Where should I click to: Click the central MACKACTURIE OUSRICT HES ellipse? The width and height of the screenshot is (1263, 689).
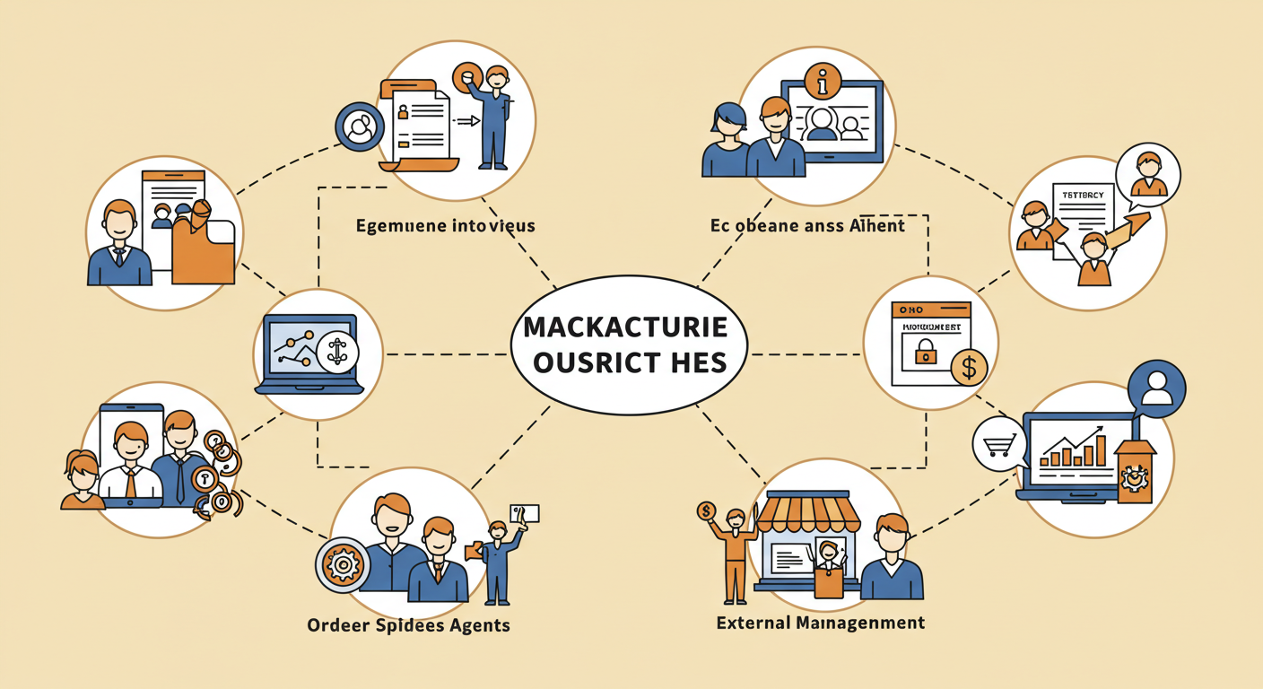pos(631,345)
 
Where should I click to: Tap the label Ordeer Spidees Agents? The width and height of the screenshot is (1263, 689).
pos(408,624)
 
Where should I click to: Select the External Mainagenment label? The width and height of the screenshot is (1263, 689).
pos(820,622)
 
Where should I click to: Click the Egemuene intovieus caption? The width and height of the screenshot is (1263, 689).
pos(445,224)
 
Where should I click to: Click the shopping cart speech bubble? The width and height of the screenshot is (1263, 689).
pos(998,441)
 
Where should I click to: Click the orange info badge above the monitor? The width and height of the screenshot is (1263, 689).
pos(823,82)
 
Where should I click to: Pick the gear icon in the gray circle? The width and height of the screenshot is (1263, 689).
pos(342,565)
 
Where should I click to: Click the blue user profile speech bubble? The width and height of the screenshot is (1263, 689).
pos(1156,389)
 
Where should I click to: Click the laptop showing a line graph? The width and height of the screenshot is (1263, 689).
pos(309,353)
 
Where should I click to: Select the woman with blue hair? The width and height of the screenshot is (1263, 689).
pos(727,140)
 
